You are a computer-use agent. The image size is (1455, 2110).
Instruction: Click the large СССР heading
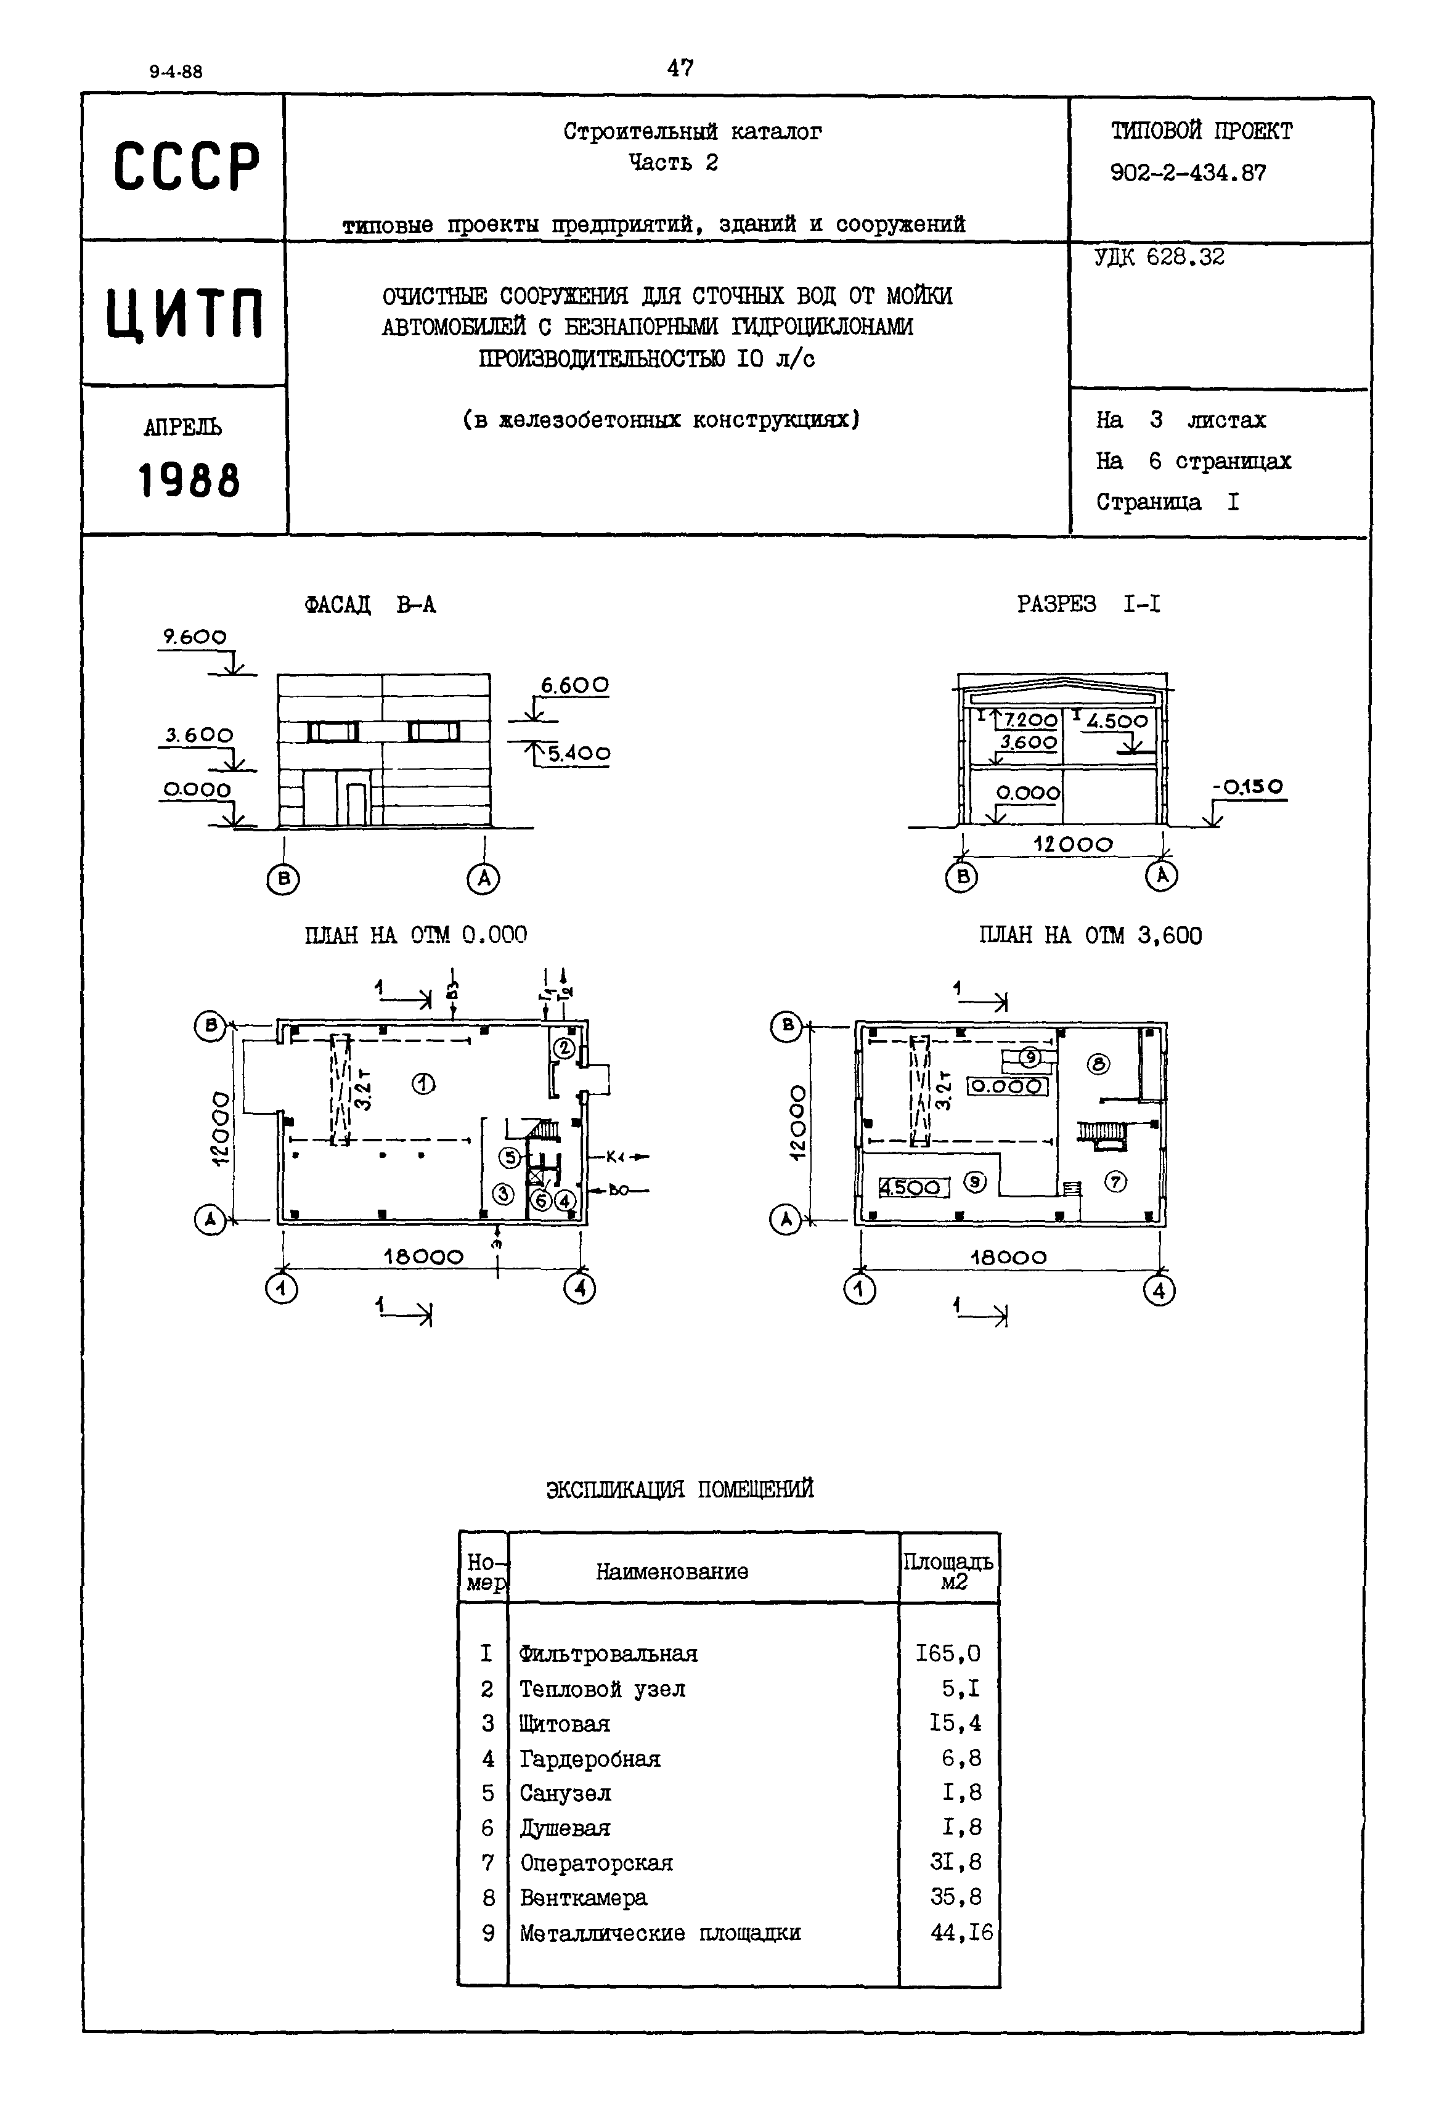(186, 168)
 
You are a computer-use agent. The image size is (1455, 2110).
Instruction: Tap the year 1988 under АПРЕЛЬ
(189, 480)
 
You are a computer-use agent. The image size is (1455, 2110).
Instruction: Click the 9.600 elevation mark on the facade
(194, 637)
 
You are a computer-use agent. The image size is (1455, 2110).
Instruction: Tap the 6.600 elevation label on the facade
(574, 685)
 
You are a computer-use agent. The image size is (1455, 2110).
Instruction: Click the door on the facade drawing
(356, 803)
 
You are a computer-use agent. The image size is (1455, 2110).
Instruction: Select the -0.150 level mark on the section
(1247, 786)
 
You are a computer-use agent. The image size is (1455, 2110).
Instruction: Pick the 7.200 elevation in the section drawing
(1030, 720)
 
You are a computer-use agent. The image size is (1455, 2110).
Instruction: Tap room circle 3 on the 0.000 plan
(502, 1192)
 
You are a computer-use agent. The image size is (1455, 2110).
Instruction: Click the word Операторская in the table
(596, 1863)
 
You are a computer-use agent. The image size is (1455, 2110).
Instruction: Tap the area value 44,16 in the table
(961, 1933)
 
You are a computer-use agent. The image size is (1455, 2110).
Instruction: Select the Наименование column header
(672, 1571)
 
